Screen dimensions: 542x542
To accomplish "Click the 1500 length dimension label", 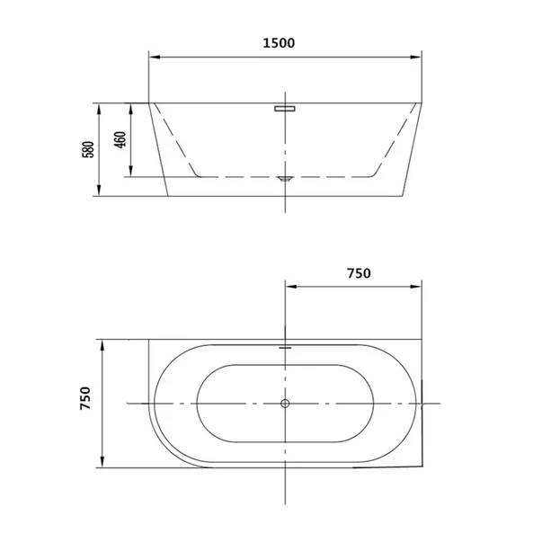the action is click(x=279, y=43).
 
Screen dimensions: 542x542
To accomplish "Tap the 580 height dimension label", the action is click(x=88, y=150).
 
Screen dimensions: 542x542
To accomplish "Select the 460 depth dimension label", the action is click(x=120, y=140).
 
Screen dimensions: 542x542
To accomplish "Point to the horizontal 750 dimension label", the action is click(x=359, y=273).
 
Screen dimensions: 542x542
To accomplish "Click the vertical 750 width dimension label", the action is click(x=85, y=398).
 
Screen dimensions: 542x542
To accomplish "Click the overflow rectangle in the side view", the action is click(x=285, y=109).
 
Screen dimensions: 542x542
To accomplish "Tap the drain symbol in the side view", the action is click(x=285, y=179).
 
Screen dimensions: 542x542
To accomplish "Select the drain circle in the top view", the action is click(x=285, y=404).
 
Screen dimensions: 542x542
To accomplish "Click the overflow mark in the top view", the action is click(x=285, y=348).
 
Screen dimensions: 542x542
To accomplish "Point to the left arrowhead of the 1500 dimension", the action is click(x=155, y=57).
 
